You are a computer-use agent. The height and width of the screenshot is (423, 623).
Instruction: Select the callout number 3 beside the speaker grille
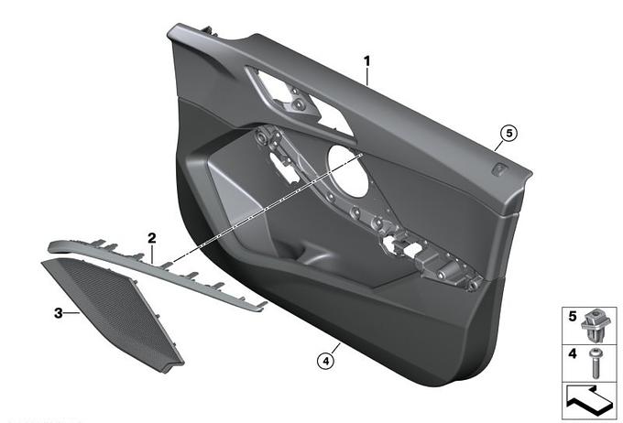point(59,312)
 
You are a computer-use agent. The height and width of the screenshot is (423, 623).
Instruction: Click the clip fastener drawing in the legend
point(596,321)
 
